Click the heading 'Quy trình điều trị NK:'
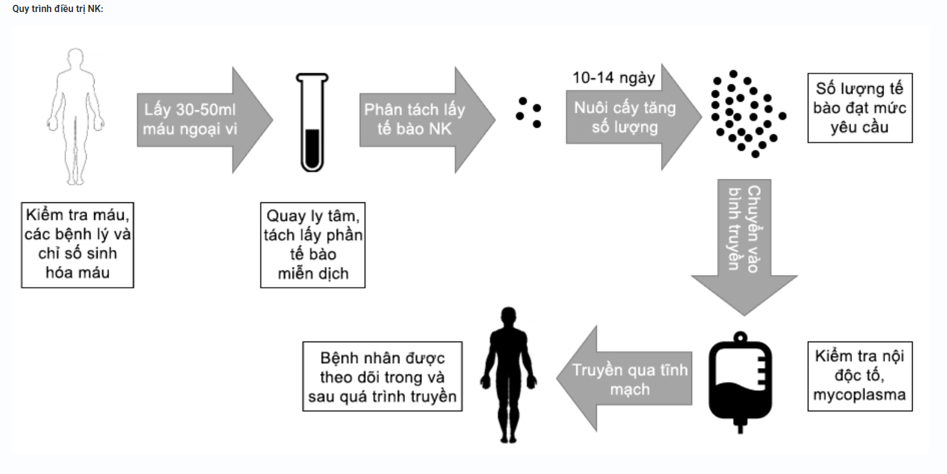pos(58,9)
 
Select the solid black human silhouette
pos(509,375)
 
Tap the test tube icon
pos(312,122)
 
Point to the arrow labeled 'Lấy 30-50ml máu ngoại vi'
pos(199,119)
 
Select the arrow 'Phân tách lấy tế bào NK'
pos(422,119)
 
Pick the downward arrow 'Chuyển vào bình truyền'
pos(744,241)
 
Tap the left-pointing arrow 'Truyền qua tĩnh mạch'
pos(627,379)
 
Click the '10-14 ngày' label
pos(613,78)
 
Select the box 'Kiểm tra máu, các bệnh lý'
pos(77,245)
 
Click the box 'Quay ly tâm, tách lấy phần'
pos(312,245)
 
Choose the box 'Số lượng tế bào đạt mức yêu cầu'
pos(860,108)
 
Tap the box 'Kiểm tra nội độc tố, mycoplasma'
pos(860,376)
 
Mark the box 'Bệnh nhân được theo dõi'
pos(382,377)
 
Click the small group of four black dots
pos(528,112)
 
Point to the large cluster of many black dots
pos(745,113)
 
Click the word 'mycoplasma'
pos(859,395)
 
